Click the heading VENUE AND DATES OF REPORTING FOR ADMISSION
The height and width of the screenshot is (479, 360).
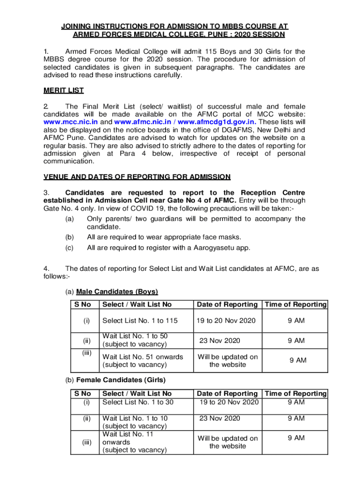tap(137, 177)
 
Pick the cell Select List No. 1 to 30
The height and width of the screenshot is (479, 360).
tap(137, 402)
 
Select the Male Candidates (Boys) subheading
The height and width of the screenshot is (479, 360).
tap(117, 292)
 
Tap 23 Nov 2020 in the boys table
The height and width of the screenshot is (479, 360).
tap(220, 341)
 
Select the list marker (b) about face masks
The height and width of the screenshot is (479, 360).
tap(69, 237)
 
